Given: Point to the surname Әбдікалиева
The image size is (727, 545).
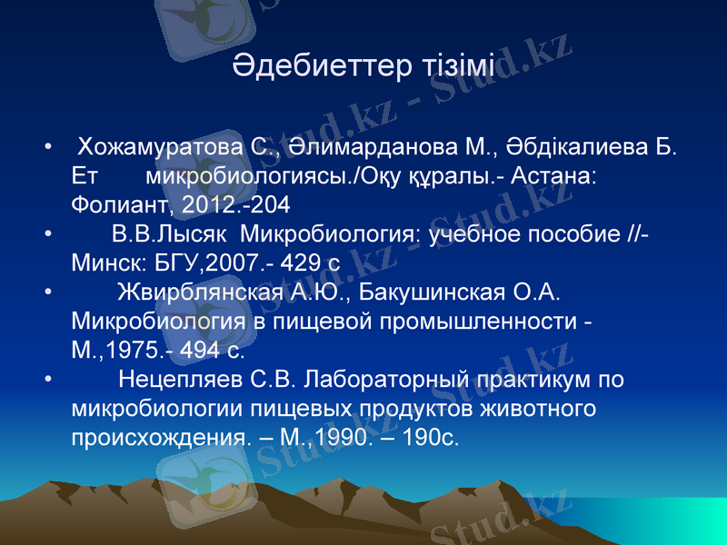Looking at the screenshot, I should click(580, 145).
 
